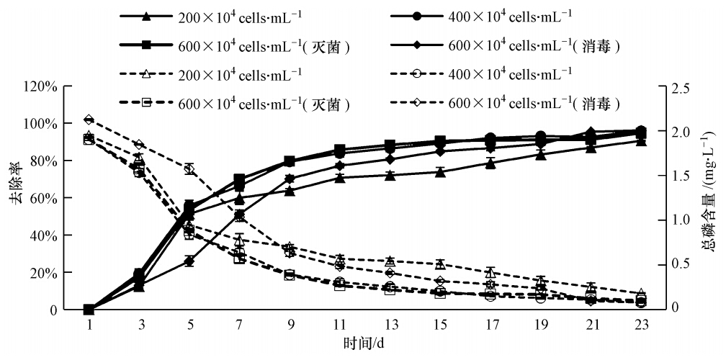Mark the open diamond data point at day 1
[89, 120]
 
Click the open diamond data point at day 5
[189, 168]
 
